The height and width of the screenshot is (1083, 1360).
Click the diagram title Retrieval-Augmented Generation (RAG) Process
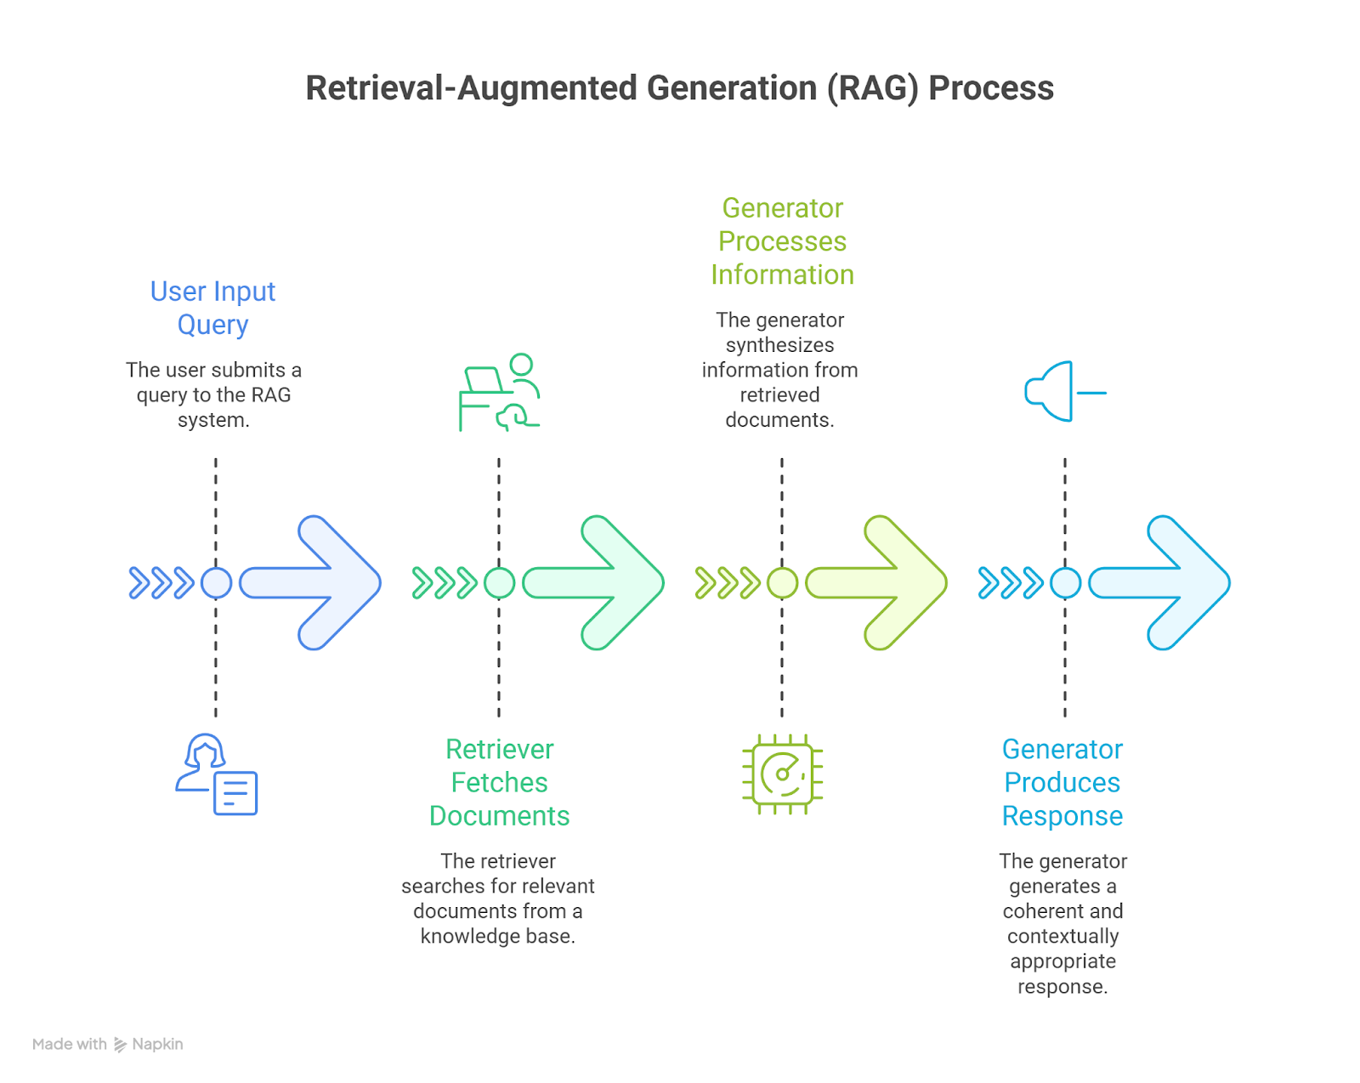[x=679, y=88]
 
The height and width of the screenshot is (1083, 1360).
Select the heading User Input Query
[x=212, y=308]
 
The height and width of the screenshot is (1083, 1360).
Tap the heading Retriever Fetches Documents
[x=499, y=782]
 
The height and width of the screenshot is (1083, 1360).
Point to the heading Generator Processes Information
[x=782, y=241]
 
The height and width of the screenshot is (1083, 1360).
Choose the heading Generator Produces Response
[x=1062, y=782]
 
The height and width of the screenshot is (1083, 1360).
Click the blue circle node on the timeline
[x=216, y=583]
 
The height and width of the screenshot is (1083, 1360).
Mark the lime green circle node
[x=782, y=583]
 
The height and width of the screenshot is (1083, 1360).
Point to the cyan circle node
[x=1065, y=583]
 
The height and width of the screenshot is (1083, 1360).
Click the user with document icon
[x=217, y=774]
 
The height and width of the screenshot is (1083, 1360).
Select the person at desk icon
[x=500, y=392]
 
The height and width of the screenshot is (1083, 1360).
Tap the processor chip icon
[x=782, y=774]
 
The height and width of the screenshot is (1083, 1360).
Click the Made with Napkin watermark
[x=108, y=1044]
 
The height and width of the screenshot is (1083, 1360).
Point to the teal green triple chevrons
[x=444, y=583]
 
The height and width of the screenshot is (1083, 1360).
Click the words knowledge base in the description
[x=497, y=936]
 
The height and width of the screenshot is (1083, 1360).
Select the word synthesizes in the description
[x=779, y=345]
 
